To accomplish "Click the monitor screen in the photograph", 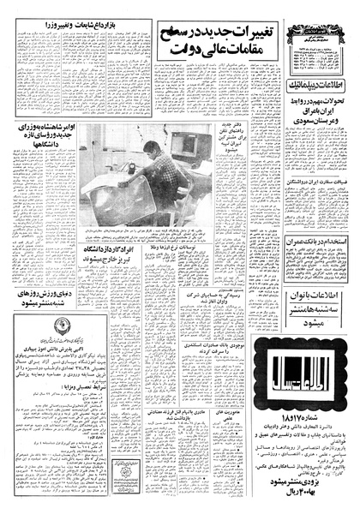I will coord(183,121).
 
